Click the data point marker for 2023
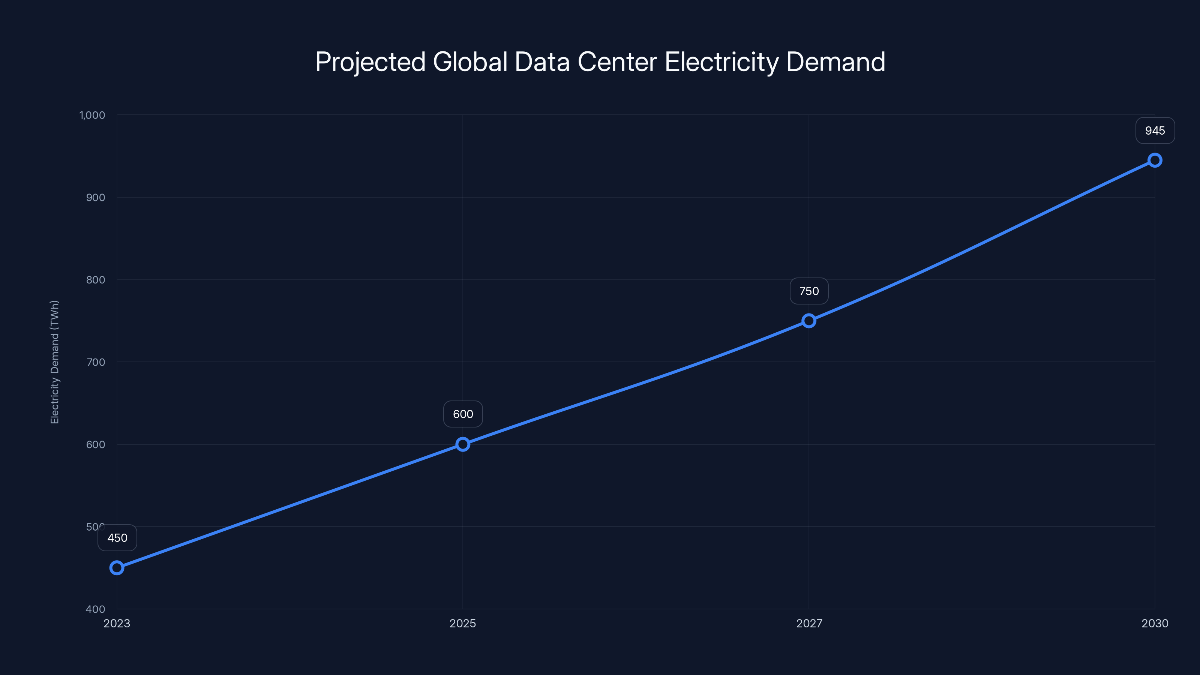pos(117,567)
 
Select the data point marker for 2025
pos(463,444)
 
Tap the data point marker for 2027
pos(809,321)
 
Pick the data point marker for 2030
pos(1155,160)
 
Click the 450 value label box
pos(117,538)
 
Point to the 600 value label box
pos(463,414)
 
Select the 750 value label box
pos(809,291)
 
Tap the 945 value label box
pos(1155,130)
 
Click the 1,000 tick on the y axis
pos(92,115)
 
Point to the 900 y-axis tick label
pos(96,198)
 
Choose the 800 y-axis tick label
pos(96,280)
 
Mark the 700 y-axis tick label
pos(96,362)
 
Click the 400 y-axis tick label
pos(96,609)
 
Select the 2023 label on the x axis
pos(117,623)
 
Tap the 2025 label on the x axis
pos(463,623)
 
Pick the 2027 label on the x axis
pos(809,623)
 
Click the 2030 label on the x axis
pos(1155,623)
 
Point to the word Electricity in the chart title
pos(721,62)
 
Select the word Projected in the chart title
pos(370,62)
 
